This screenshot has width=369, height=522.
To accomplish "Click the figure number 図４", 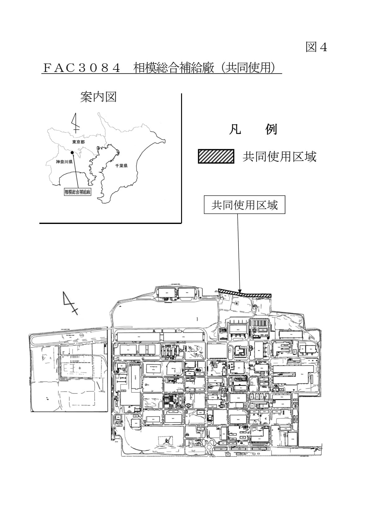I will (x=316, y=47).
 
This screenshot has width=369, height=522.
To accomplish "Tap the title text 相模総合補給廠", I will (x=174, y=68).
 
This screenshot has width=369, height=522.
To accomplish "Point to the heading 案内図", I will (x=98, y=97).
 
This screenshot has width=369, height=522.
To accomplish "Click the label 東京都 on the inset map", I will (x=78, y=142).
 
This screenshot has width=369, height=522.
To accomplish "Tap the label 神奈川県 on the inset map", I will (x=64, y=162).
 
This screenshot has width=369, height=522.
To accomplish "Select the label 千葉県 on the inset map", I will (x=121, y=166).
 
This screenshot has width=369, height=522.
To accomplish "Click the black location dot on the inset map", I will (x=72, y=152).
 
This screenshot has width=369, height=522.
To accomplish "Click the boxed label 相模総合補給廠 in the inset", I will (x=78, y=192).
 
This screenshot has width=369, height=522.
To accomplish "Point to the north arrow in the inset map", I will (x=75, y=123).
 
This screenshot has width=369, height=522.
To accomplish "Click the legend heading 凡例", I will (x=253, y=130).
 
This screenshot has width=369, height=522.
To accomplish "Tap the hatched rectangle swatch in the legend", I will (x=216, y=156).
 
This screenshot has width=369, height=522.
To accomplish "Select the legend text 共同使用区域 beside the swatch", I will (x=279, y=157).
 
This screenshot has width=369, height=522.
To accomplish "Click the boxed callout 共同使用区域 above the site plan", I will (x=244, y=205).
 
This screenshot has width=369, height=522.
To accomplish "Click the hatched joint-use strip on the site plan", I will (x=245, y=293).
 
